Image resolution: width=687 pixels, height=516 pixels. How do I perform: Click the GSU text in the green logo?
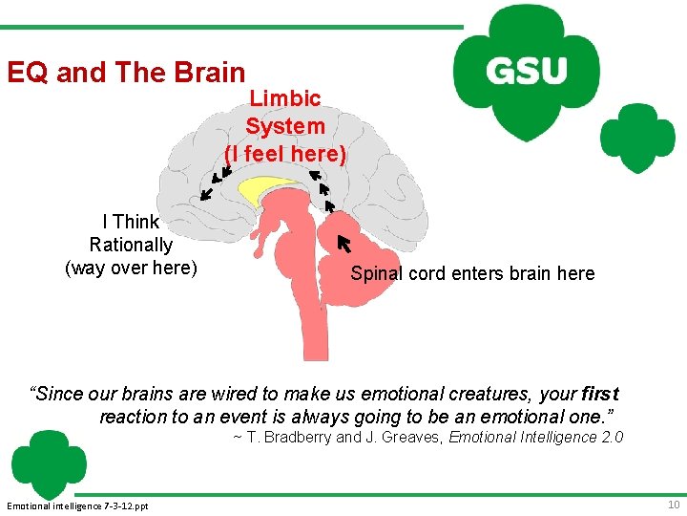[526, 70]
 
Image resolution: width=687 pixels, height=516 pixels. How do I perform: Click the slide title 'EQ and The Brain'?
[126, 73]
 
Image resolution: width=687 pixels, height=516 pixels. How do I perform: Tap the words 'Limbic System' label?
[285, 112]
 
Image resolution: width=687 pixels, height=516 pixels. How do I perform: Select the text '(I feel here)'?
[285, 154]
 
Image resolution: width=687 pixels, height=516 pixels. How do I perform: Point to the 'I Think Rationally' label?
[131, 233]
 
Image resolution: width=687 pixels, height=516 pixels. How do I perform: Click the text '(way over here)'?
[131, 269]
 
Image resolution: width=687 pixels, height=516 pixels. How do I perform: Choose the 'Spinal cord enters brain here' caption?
[472, 274]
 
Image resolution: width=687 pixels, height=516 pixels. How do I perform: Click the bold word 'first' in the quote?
[599, 394]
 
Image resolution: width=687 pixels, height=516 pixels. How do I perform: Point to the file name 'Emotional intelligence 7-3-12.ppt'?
[77, 505]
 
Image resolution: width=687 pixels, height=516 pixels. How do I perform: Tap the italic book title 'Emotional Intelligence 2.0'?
[535, 438]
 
